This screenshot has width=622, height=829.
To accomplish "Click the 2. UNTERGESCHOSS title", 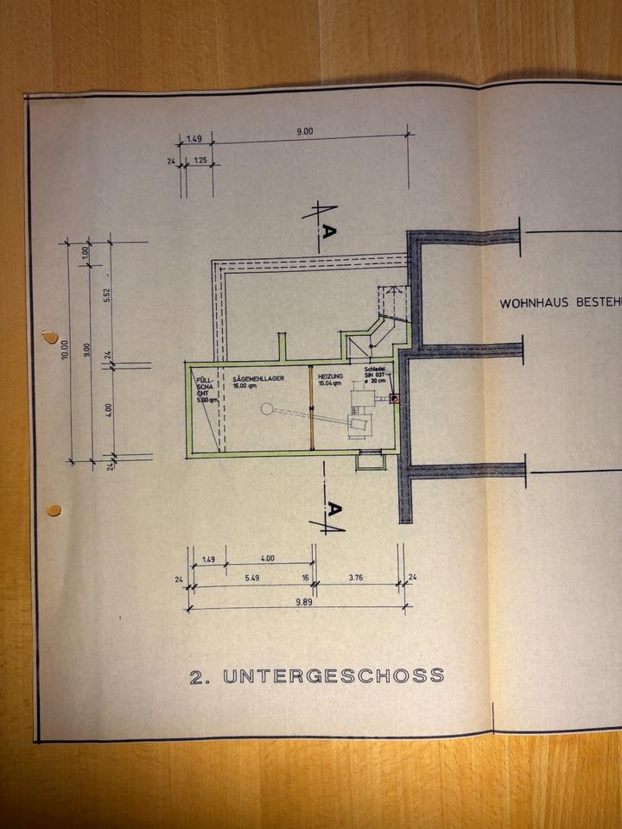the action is click(316, 675).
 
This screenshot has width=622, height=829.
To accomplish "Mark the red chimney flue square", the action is click(395, 398).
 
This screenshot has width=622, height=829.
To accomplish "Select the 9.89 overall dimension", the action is click(301, 602).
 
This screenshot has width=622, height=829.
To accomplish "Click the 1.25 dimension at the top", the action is click(199, 161).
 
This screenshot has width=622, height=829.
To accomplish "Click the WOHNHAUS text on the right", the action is click(531, 303).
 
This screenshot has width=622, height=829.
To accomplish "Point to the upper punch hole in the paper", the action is click(52, 336).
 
